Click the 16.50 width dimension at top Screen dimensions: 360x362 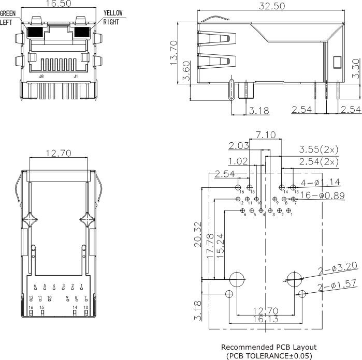tap(59, 4)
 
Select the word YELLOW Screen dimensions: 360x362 tap(113, 13)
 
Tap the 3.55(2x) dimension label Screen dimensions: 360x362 tap(318, 150)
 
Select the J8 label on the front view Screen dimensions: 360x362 tap(41, 77)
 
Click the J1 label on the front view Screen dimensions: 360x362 tap(76, 77)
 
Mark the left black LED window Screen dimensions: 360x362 tap(35, 33)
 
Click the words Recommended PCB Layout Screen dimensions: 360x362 tap(268, 347)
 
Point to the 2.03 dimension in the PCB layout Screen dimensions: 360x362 tap(239, 146)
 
